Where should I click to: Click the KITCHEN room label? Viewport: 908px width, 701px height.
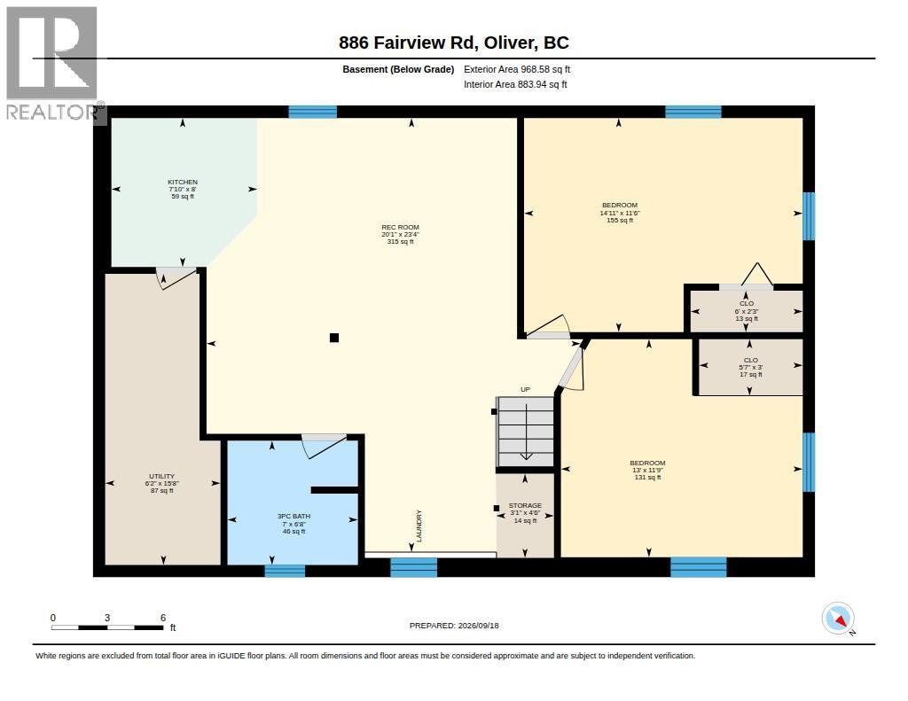[183, 183]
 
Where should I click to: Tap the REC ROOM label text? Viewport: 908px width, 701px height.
[400, 228]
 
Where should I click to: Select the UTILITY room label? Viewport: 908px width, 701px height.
[161, 477]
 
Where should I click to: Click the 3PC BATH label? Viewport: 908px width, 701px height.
[294, 517]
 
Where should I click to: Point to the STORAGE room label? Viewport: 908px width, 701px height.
[525, 506]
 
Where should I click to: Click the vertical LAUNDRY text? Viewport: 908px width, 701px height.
[419, 526]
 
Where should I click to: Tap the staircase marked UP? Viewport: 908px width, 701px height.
[525, 432]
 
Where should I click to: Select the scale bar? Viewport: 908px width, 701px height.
[107, 623]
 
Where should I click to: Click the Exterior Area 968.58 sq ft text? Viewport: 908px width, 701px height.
[517, 69]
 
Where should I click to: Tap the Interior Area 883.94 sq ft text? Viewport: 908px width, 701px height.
[515, 84]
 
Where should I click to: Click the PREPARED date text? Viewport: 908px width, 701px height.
[454, 626]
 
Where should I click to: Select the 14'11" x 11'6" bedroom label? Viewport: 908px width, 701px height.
[620, 213]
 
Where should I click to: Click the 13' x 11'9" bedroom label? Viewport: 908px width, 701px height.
[647, 470]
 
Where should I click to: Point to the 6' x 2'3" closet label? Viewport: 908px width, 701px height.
[747, 311]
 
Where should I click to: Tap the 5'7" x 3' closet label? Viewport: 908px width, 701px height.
[750, 367]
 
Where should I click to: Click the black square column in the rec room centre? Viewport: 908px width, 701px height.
[334, 338]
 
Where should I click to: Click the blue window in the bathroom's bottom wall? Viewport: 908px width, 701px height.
[285, 571]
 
